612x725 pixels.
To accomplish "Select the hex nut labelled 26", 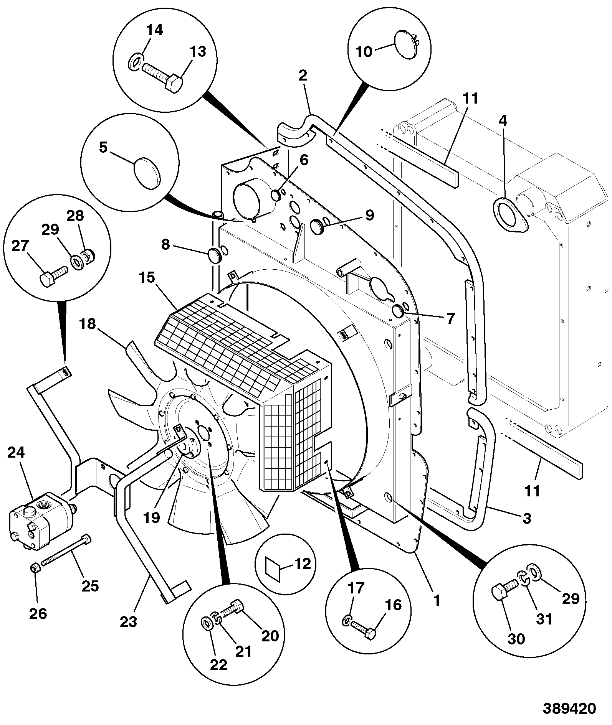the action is click(x=34, y=567).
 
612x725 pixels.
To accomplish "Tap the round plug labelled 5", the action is click(x=148, y=173).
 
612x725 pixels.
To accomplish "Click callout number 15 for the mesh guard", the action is click(x=146, y=277).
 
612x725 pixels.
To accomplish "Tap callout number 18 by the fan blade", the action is click(x=88, y=324).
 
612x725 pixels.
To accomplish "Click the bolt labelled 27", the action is click(x=54, y=276).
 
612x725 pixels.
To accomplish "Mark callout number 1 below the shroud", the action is click(x=437, y=600).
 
